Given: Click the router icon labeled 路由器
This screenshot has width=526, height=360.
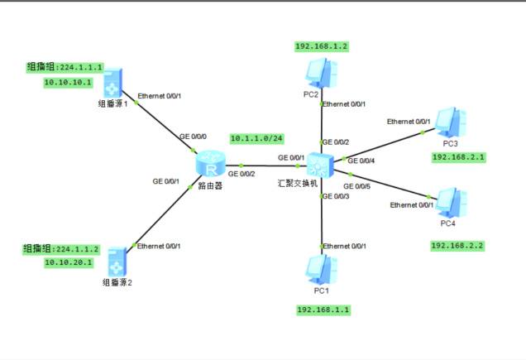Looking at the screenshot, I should click(x=211, y=166).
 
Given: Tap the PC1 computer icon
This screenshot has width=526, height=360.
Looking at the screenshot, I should click(x=318, y=268).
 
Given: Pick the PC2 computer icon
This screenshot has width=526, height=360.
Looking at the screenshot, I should click(x=318, y=73).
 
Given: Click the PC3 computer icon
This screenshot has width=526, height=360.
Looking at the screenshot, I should click(x=452, y=122).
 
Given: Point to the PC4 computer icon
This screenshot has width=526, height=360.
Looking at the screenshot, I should click(x=452, y=202).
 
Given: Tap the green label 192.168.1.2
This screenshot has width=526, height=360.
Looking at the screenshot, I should click(x=322, y=46).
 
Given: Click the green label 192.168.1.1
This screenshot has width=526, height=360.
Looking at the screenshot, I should click(x=323, y=310).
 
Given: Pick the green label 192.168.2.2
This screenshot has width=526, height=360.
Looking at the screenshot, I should click(x=457, y=246).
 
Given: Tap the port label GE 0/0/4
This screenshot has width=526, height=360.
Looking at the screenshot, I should click(x=361, y=160).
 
